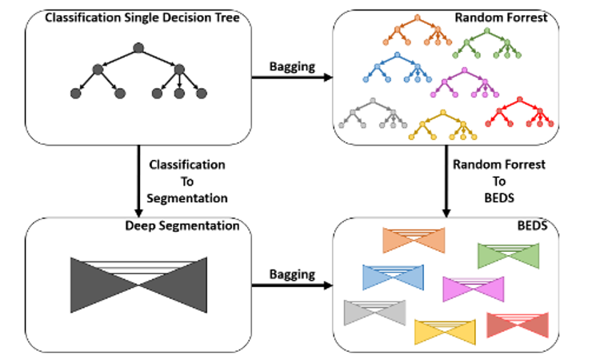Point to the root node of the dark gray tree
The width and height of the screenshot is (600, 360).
coord(138,48)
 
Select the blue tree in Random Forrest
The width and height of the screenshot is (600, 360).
coord(394,69)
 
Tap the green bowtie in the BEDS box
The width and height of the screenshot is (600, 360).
coord(509,255)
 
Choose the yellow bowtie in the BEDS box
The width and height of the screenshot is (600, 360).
coord(445,330)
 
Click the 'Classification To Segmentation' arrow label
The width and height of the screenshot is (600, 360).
coord(188,181)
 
